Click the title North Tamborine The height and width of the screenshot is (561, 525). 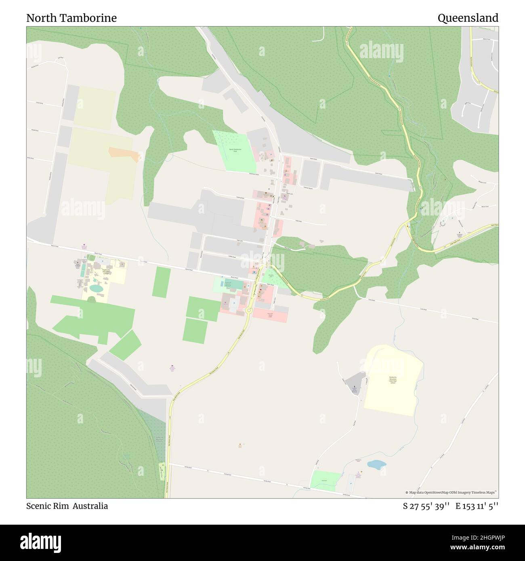[x=71, y=18]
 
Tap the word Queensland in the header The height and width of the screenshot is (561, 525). [x=468, y=18]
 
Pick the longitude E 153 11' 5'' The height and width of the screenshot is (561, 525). [x=477, y=506]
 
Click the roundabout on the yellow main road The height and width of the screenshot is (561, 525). [x=248, y=310]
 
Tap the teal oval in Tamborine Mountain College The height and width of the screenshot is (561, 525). [x=96, y=288]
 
